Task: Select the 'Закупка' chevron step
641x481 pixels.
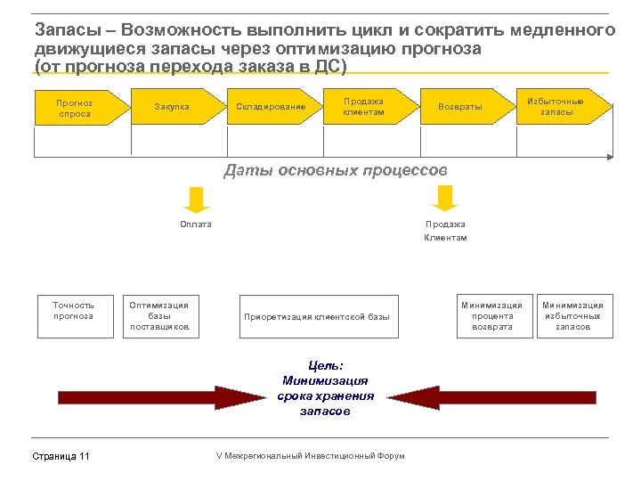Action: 172,107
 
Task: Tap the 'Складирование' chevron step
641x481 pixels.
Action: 271,107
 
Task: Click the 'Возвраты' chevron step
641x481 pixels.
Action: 461,107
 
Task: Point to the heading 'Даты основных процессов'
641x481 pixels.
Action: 336,169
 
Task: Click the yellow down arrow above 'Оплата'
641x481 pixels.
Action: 196,199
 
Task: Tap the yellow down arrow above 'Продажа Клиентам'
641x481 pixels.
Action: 444,197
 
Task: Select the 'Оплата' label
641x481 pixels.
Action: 196,224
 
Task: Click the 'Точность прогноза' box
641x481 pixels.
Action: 74,315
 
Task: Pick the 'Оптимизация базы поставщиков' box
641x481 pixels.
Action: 160,315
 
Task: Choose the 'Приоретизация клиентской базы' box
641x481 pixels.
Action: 318,316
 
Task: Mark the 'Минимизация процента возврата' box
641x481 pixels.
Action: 492,315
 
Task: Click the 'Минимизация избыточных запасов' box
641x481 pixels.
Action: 572,315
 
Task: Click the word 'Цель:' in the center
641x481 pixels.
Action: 326,365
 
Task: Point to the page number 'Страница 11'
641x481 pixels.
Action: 61,457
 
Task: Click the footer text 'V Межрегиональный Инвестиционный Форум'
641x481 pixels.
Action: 310,456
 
